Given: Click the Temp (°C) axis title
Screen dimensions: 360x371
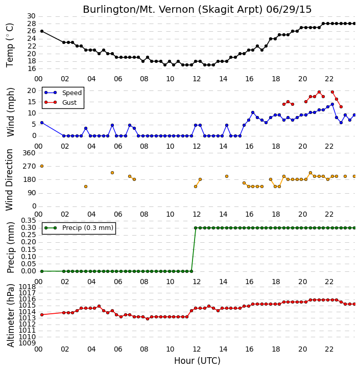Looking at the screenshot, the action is click(10, 45).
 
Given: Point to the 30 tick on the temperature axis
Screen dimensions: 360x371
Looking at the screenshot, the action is click(32, 16).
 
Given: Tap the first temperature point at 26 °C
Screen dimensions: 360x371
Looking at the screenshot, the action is click(42, 31).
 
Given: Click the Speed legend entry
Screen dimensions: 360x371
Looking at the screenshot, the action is click(63, 93).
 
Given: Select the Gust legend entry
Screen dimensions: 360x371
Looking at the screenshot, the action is click(61, 102).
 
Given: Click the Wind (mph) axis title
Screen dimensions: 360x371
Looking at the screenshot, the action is click(10, 112).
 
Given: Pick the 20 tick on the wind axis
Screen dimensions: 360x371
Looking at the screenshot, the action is click(32, 90).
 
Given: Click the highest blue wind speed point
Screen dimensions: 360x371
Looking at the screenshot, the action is click(332, 104).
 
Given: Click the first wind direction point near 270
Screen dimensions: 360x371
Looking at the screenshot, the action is click(42, 166).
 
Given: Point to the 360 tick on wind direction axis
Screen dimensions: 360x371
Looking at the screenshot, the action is click(29, 153).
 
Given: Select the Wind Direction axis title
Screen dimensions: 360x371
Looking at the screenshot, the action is click(9, 180).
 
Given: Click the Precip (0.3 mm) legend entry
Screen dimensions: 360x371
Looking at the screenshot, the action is click(79, 228).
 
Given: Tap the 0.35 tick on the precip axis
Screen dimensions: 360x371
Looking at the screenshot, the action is click(29, 221).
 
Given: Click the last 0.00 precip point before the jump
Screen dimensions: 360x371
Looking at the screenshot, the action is click(191, 271).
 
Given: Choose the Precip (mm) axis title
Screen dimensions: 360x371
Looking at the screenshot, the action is click(10, 247).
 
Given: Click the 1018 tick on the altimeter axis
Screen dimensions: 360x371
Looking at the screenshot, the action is click(27, 287).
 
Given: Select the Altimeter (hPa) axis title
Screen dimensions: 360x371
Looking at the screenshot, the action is click(10, 316).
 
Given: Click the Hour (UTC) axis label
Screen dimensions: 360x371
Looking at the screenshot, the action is click(197, 361).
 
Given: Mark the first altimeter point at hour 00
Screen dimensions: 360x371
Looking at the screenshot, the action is click(42, 315).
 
